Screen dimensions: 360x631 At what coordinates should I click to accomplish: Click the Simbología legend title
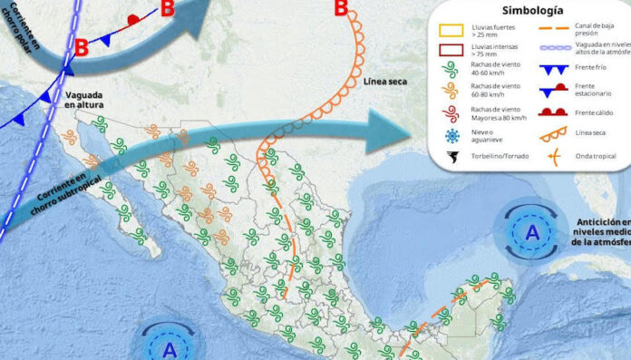pos(527,10)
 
